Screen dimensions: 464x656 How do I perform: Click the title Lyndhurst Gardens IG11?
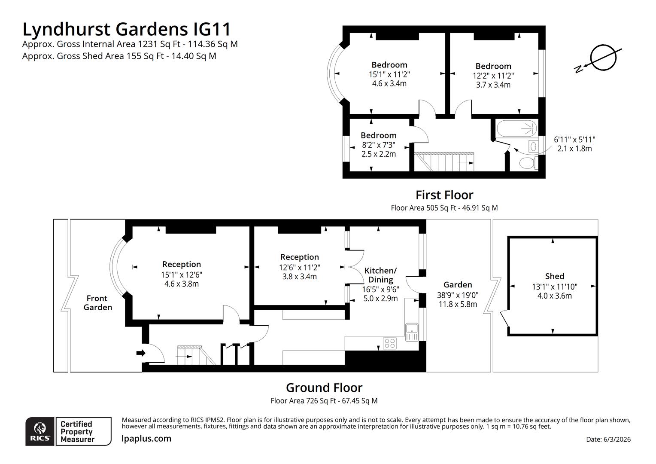coord(127,29)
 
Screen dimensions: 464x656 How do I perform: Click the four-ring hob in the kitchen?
coord(389,343)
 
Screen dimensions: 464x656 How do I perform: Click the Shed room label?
coord(554,276)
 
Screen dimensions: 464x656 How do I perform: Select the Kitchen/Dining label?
coord(380,275)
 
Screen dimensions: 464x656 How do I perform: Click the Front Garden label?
coord(97,303)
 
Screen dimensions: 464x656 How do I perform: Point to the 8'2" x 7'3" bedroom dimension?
coord(378,145)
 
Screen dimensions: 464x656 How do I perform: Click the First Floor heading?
coord(444,195)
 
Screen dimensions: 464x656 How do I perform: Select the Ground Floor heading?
coord(324,388)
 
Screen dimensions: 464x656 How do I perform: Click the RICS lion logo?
coord(40,431)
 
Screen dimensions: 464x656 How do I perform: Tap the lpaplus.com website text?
coord(146,439)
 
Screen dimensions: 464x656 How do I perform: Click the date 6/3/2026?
coord(608,439)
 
